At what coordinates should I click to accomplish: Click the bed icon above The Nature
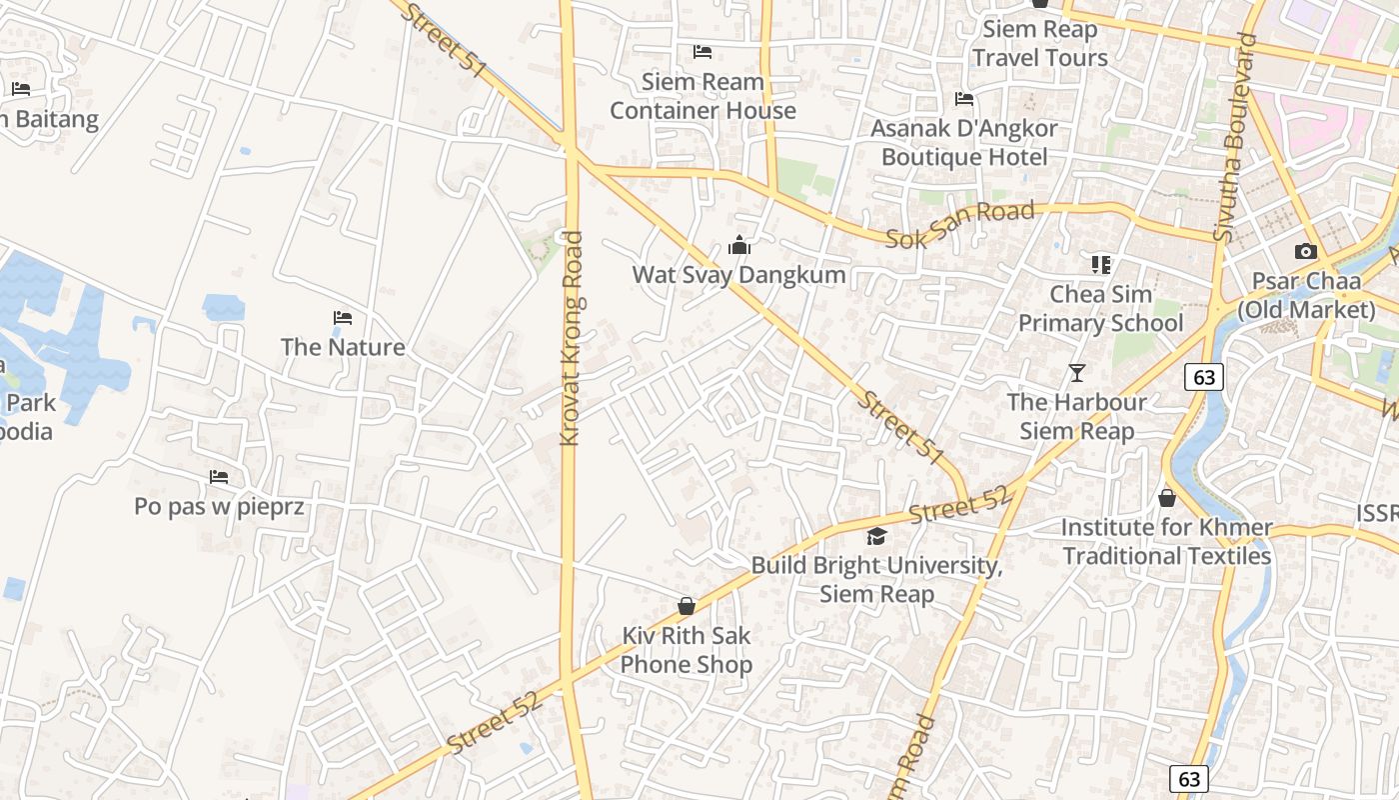[343, 318]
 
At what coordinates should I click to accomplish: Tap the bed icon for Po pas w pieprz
[219, 477]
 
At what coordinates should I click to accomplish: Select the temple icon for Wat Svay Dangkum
[739, 245]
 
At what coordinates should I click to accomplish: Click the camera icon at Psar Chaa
[1305, 252]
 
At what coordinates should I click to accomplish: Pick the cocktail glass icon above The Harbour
[1076, 373]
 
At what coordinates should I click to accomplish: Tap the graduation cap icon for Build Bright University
[876, 536]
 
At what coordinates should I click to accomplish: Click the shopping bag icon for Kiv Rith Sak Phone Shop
[687, 606]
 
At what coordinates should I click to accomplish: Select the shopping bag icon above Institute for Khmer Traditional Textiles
[1166, 498]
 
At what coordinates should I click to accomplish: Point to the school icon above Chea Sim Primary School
[1100, 265]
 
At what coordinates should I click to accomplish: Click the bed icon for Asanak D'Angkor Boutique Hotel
[964, 99]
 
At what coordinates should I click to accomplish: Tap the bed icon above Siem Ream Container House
[702, 52]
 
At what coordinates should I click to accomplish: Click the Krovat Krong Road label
[572, 338]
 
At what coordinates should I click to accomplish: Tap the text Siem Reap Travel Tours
[1040, 43]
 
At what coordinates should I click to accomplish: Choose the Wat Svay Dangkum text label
[738, 275]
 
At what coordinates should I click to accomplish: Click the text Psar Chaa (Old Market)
[1306, 296]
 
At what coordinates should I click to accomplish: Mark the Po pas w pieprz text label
[219, 507]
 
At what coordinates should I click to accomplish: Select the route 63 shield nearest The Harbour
[1204, 377]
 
